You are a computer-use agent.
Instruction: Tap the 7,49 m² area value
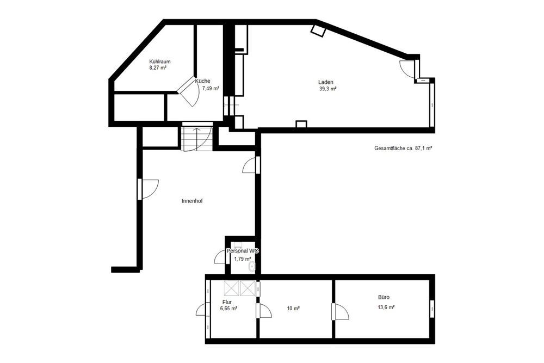pos(211,88)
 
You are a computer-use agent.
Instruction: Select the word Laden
pos(326,82)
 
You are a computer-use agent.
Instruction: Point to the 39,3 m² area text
pos(327,89)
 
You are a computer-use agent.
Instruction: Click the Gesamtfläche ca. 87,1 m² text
pos(403,148)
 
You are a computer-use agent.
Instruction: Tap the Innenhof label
pos(192,201)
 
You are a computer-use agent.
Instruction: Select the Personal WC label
pos(242,251)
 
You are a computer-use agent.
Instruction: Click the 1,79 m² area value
pos(242,259)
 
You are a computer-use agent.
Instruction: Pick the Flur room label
pos(227,302)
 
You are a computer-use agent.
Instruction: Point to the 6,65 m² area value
pos(228,309)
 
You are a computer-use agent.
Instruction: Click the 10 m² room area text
pos(293,309)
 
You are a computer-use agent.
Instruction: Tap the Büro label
pos(384,298)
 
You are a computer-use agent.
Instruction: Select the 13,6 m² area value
pos(386,307)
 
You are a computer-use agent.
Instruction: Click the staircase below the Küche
pos(197,138)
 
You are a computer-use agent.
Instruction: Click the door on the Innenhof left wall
pos(149,188)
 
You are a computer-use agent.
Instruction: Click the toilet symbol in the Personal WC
pos(251,267)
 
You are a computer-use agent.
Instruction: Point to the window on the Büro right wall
pos(432,309)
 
